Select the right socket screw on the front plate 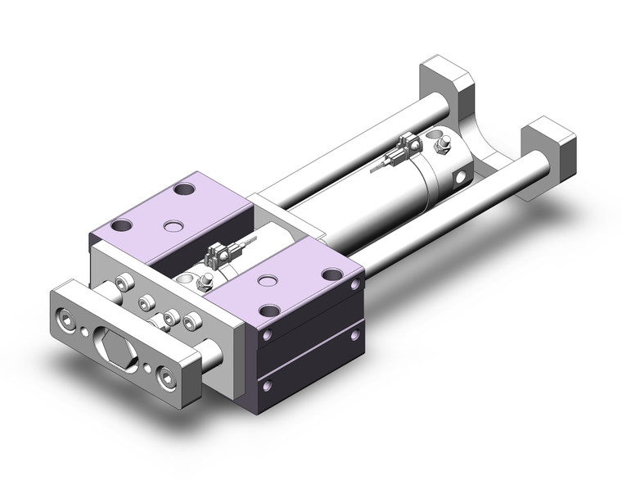coord(168,378)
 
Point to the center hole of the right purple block coord(264,281)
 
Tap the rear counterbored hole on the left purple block coord(184,189)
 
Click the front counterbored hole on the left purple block coord(124,226)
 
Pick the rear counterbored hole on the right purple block coord(331,275)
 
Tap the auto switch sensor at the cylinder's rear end coord(401,152)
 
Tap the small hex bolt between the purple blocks coord(205,283)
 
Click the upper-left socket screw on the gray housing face coord(124,284)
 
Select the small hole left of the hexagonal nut coord(85,331)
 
